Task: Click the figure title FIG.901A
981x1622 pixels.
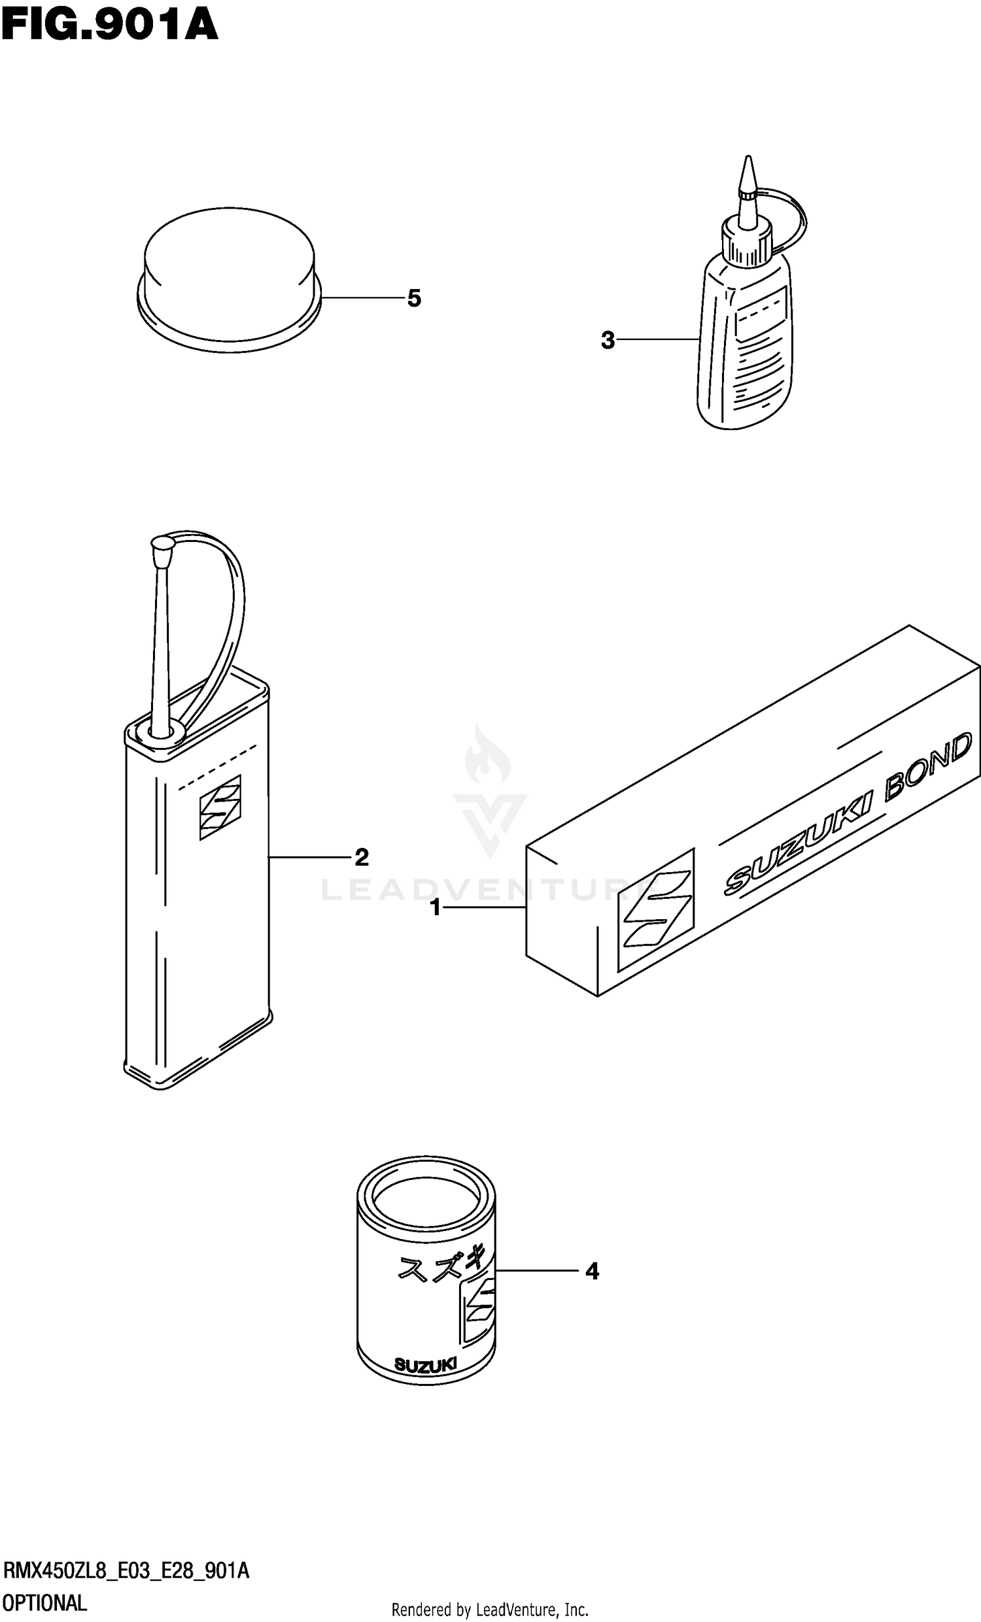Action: (109, 25)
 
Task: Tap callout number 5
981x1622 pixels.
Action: (413, 299)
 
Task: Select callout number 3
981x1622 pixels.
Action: (608, 341)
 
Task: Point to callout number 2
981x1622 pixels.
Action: (362, 857)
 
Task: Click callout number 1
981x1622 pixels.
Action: (435, 909)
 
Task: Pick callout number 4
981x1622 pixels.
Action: (592, 1271)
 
